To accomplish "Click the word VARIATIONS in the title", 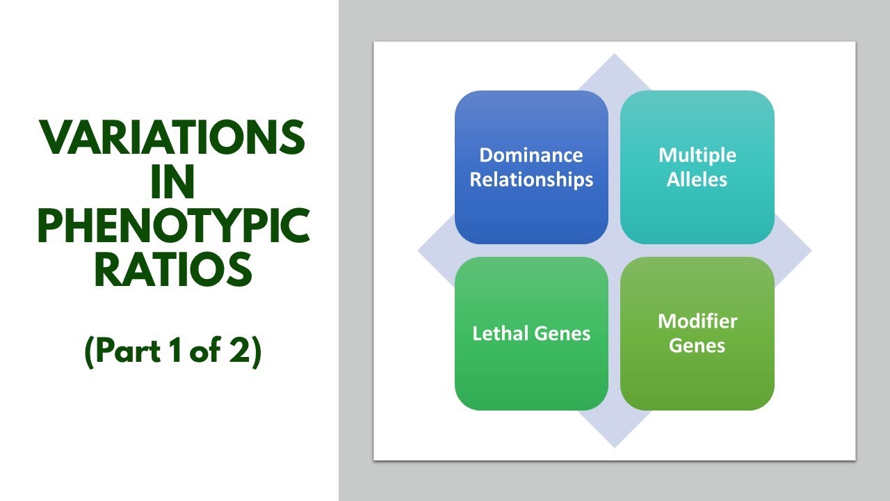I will pos(172,138).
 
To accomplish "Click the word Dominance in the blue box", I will pos(531,154).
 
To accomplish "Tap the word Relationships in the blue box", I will pos(531,180).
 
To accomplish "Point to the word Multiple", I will pos(697,154).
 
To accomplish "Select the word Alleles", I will pos(697,180).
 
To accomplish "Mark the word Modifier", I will pos(697,321).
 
